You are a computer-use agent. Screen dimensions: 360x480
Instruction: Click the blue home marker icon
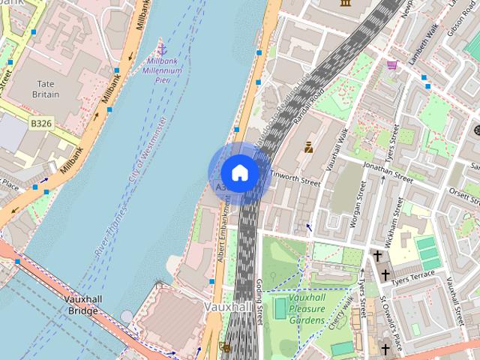tap(239, 172)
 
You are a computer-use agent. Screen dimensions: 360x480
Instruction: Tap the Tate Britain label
tap(46, 89)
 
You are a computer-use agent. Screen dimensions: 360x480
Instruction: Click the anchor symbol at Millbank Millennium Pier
tap(160, 48)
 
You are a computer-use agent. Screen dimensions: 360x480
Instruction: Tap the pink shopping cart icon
tap(391, 66)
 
